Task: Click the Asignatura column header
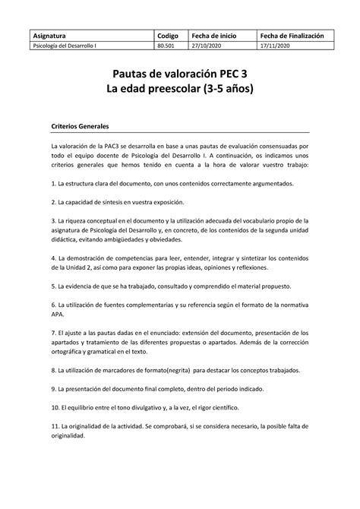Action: tap(48, 35)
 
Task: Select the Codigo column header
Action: tap(168, 35)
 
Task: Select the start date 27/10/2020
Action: tap(212, 46)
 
